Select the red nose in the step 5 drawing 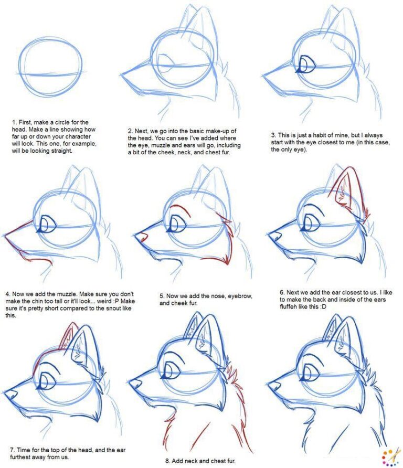[140, 238]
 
